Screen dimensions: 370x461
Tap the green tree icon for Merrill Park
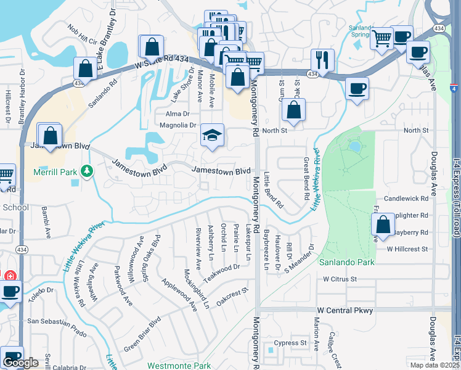88,171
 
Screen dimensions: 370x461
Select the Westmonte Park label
179,366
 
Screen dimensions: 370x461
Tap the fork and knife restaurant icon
322,60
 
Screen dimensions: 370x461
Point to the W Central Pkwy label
345,310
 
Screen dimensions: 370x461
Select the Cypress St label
290,343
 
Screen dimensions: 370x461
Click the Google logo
20,363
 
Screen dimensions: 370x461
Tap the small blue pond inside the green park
354,147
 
